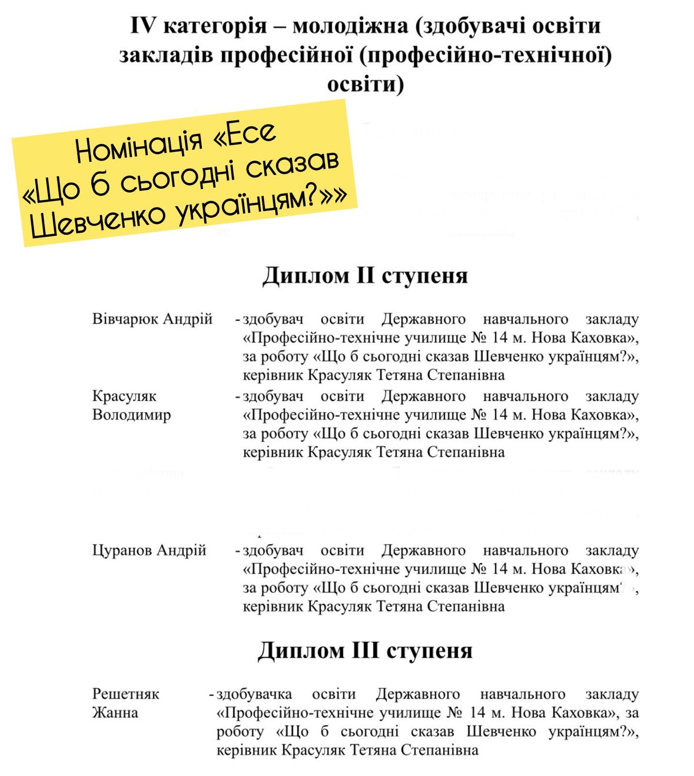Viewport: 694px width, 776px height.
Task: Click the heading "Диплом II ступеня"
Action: [x=365, y=275]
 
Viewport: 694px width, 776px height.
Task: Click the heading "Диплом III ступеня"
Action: [x=365, y=650]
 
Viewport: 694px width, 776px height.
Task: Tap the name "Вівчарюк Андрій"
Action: [x=152, y=319]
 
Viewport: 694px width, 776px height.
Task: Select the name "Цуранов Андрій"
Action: [x=149, y=550]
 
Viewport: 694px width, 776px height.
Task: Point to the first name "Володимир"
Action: [x=131, y=415]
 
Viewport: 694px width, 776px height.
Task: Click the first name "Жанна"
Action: [x=115, y=713]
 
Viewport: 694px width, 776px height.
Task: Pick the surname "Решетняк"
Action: [x=126, y=694]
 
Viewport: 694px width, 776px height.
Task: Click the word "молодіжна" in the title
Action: [x=350, y=25]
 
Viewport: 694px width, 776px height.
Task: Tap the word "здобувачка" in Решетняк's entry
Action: [x=254, y=694]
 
